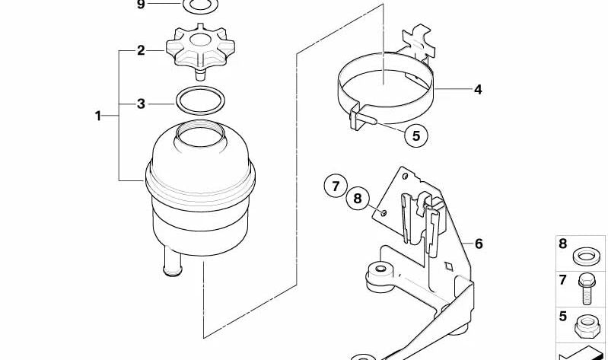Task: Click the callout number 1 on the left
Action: pyautogui.click(x=98, y=116)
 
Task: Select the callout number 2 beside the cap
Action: pyautogui.click(x=141, y=50)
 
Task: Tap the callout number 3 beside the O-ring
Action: pyautogui.click(x=141, y=104)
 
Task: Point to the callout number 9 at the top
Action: pyautogui.click(x=140, y=5)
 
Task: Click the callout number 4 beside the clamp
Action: pyautogui.click(x=478, y=90)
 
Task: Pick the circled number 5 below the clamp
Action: pyautogui.click(x=416, y=135)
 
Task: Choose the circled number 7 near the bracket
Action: pyautogui.click(x=336, y=186)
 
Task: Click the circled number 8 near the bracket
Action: pyautogui.click(x=358, y=199)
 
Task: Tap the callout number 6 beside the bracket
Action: pyautogui.click(x=479, y=244)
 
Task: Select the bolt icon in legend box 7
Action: pyautogui.click(x=585, y=288)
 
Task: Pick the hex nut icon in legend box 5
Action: pyautogui.click(x=585, y=325)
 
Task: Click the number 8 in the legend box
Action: pyautogui.click(x=562, y=244)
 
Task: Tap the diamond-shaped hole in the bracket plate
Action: pyautogui.click(x=449, y=266)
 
